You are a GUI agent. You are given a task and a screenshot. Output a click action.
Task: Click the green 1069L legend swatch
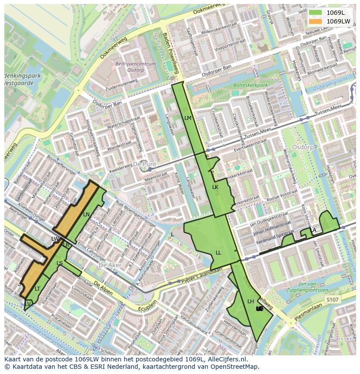coord(316,13)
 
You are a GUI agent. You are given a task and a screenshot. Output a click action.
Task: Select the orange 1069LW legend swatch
coord(316,21)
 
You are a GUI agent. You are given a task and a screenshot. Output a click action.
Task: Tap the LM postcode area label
coord(188,118)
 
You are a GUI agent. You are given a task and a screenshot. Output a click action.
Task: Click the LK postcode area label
coord(215,187)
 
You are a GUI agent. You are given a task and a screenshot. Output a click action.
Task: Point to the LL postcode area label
coord(218,253)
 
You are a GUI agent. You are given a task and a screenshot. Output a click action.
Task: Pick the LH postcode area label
coord(251,301)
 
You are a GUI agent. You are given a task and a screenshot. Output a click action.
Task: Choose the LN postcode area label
coord(87,215)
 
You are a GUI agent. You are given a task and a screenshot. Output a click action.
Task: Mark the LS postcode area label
coord(60,263)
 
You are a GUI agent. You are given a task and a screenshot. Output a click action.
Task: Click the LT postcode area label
coord(37,289)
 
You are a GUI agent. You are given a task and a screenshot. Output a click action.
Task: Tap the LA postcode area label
coord(313,230)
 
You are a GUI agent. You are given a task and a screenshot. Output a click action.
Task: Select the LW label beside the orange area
coord(55,239)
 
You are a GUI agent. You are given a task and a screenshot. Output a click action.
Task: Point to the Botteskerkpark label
coord(250,86)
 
